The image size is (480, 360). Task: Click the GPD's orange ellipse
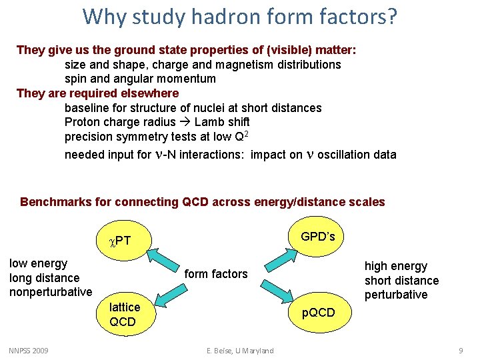(x=318, y=237)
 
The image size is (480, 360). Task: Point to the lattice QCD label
(x=125, y=314)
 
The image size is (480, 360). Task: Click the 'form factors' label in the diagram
(x=215, y=273)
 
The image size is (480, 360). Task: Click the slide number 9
(x=461, y=351)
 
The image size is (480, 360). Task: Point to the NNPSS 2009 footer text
(x=29, y=351)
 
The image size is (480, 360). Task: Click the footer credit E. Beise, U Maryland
(x=239, y=351)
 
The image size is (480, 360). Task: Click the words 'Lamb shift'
(x=222, y=122)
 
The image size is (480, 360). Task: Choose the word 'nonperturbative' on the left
(x=51, y=292)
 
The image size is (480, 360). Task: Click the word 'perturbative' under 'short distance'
(x=396, y=295)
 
